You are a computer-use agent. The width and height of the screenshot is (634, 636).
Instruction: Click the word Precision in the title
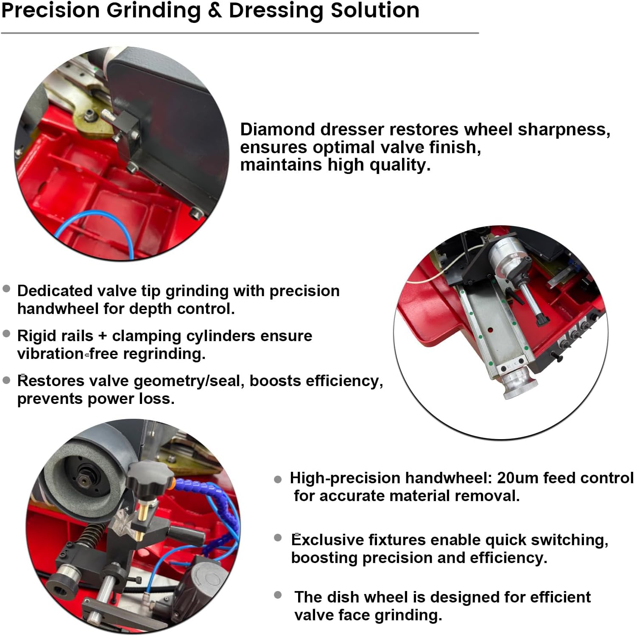click(x=50, y=10)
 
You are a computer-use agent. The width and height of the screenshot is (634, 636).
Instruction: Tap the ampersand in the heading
click(x=215, y=10)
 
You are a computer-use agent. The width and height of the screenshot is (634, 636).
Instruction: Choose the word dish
click(x=344, y=597)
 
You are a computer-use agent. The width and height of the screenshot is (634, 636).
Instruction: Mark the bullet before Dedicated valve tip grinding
click(x=6, y=289)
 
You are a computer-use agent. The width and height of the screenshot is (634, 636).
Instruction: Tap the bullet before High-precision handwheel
click(x=278, y=479)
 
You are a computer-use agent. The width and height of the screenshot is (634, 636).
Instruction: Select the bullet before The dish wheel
click(x=278, y=595)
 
